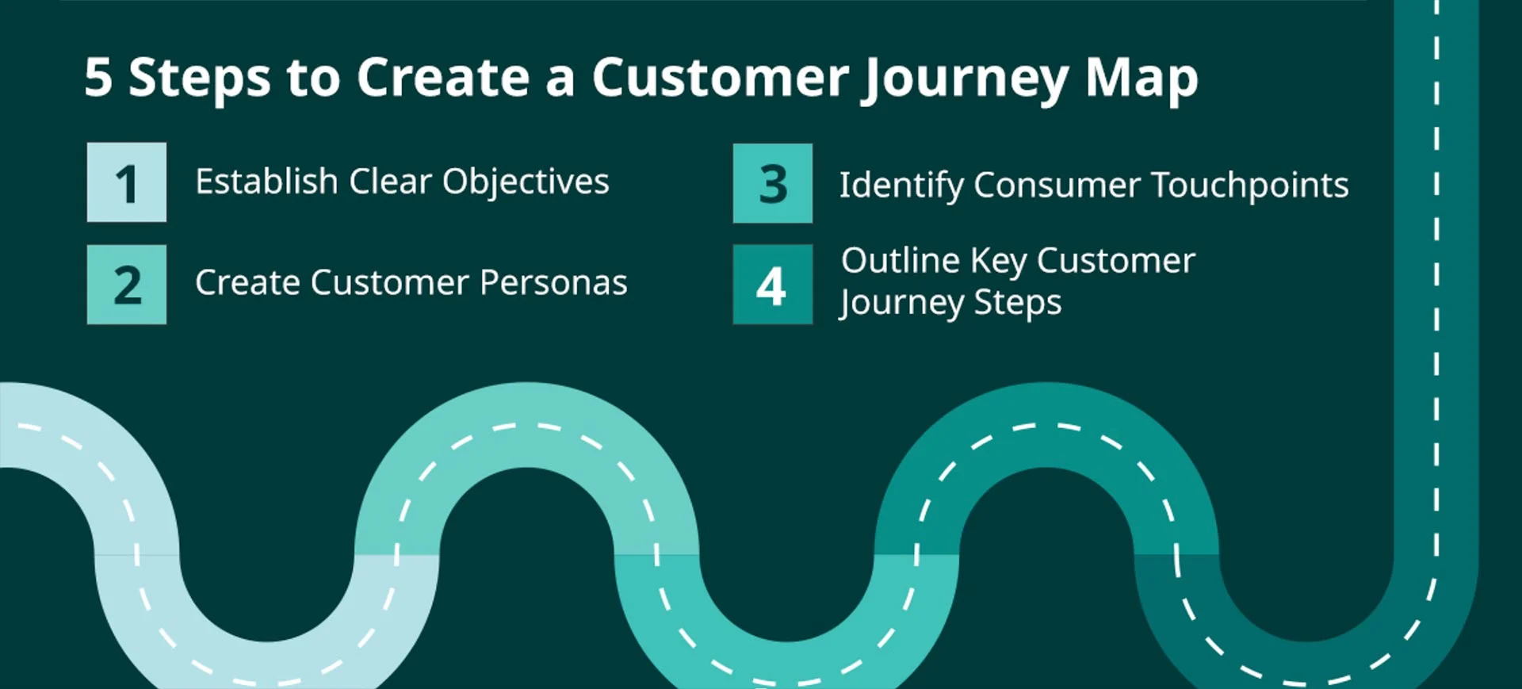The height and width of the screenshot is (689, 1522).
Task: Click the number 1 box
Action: pos(127,182)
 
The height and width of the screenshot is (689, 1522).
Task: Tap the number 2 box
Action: pos(127,285)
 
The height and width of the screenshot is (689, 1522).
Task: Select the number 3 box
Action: pos(772,183)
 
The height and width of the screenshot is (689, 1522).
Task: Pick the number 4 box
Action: pos(772,285)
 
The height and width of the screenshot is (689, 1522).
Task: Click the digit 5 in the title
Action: pos(98,78)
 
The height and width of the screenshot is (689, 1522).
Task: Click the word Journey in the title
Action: pos(966,79)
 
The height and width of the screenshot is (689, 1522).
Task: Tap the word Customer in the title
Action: pos(720,78)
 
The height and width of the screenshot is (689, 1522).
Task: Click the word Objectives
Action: pos(526,182)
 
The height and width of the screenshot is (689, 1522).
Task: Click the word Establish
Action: pos(266,182)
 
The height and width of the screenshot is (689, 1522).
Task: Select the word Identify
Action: pos(901,186)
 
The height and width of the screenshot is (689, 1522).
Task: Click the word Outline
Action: pos(901,261)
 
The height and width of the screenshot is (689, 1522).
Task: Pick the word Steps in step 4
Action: pos(1017,303)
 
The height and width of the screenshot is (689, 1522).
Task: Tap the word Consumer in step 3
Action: pos(1057,186)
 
